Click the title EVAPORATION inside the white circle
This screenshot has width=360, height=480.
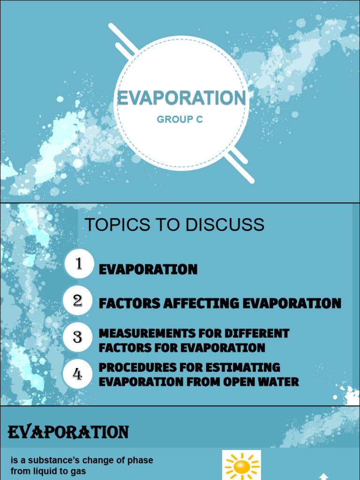[x=181, y=98]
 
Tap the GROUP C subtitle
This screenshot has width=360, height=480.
[x=180, y=120]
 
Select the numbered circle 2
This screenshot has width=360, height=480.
[x=78, y=300]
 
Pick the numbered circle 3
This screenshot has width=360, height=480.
[x=78, y=337]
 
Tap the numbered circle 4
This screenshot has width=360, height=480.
[x=78, y=374]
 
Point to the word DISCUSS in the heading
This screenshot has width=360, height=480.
[x=225, y=225]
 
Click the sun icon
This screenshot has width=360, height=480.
[x=242, y=465]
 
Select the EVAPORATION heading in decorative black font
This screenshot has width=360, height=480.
[x=68, y=432]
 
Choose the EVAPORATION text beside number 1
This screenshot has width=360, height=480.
[x=148, y=270]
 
